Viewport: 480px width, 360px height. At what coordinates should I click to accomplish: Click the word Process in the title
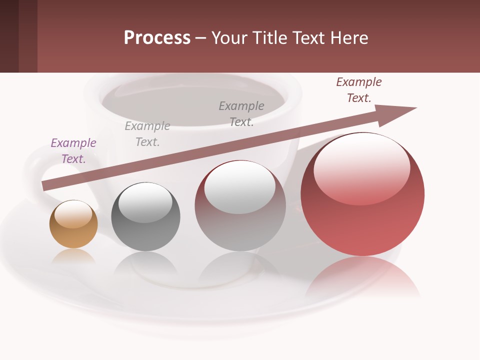(157, 38)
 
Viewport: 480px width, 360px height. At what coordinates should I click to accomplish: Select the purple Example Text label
(73, 150)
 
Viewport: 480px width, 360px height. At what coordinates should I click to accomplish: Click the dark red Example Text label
(358, 90)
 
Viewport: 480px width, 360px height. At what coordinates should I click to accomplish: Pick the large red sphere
(362, 220)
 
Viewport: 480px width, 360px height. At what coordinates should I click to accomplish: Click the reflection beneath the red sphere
(362, 277)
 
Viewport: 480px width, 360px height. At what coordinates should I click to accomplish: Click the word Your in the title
(228, 38)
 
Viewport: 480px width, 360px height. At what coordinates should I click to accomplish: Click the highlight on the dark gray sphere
(145, 202)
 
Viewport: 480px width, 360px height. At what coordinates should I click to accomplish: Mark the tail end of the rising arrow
(46, 185)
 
